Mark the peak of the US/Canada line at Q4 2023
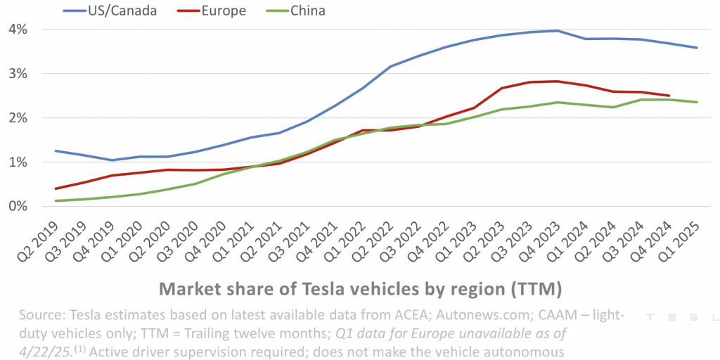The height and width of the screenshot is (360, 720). pyautogui.click(x=557, y=30)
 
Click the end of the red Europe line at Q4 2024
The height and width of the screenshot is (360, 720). pyautogui.click(x=669, y=96)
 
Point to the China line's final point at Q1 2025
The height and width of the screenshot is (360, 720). pyautogui.click(x=697, y=102)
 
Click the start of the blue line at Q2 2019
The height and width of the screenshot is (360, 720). pyautogui.click(x=55, y=150)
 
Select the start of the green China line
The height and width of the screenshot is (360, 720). pyautogui.click(x=55, y=201)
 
